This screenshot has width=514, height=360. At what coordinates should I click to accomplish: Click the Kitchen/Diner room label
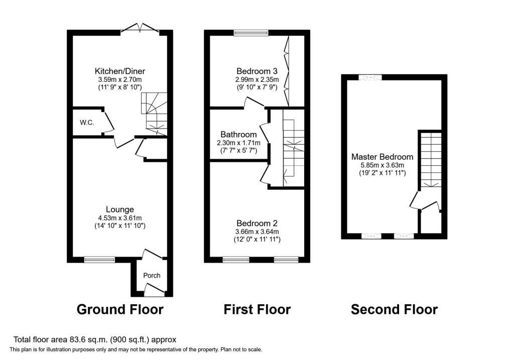119,71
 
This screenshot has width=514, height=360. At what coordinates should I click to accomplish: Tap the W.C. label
87,123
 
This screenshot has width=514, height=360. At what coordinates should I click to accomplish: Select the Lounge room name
119,209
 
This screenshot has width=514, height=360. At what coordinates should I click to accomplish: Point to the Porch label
152,276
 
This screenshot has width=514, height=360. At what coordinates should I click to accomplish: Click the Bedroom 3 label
257,71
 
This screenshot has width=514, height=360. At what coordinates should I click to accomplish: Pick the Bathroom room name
238,135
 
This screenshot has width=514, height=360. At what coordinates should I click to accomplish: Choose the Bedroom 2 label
257,223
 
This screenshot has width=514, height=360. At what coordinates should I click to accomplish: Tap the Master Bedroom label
382,157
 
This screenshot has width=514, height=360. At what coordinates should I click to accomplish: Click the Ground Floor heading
120,309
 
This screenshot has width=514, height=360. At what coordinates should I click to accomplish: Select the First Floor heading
257,309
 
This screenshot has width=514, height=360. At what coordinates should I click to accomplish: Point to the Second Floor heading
395,309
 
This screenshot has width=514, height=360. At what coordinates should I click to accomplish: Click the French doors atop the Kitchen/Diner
141,29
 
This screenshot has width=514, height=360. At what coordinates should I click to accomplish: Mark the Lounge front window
100,260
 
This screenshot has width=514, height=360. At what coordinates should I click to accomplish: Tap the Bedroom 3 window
251,33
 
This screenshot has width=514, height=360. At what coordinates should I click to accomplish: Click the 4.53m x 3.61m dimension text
119,218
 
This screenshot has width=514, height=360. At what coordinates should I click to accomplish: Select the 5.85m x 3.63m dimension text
382,165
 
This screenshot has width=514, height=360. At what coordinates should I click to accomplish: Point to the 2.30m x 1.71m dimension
238,143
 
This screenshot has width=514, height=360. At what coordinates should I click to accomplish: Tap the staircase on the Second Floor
431,160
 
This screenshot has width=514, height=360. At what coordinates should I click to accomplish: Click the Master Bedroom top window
370,77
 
